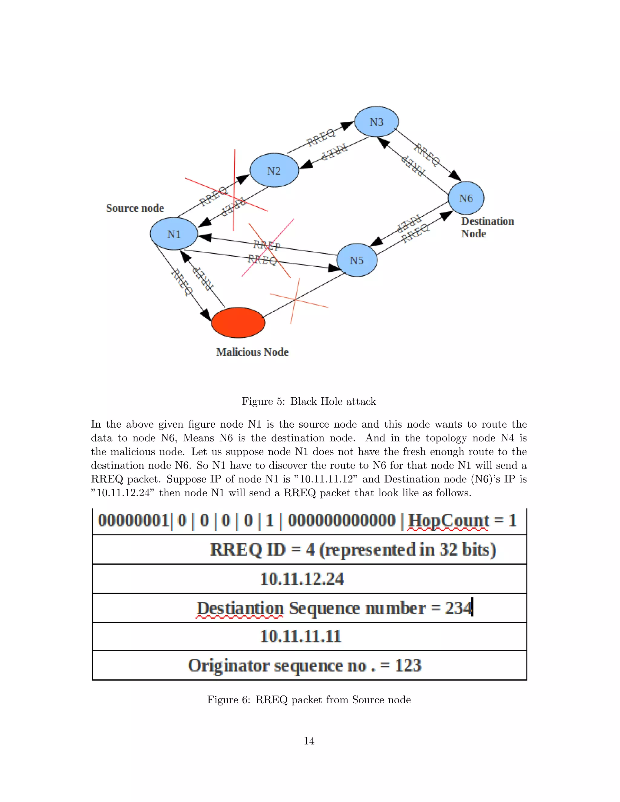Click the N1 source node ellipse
(x=174, y=234)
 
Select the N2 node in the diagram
(x=274, y=170)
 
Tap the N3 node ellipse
(x=377, y=122)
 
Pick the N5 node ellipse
(x=357, y=260)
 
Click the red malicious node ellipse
(x=238, y=322)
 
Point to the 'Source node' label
(x=135, y=208)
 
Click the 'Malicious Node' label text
(x=252, y=352)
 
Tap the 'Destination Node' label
(x=487, y=227)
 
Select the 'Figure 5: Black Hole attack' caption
(x=309, y=401)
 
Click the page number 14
(x=309, y=741)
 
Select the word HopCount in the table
(x=448, y=521)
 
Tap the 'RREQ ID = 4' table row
(x=353, y=550)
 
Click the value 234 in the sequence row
(x=458, y=608)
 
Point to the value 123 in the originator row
(x=408, y=666)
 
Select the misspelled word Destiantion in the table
(x=240, y=608)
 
